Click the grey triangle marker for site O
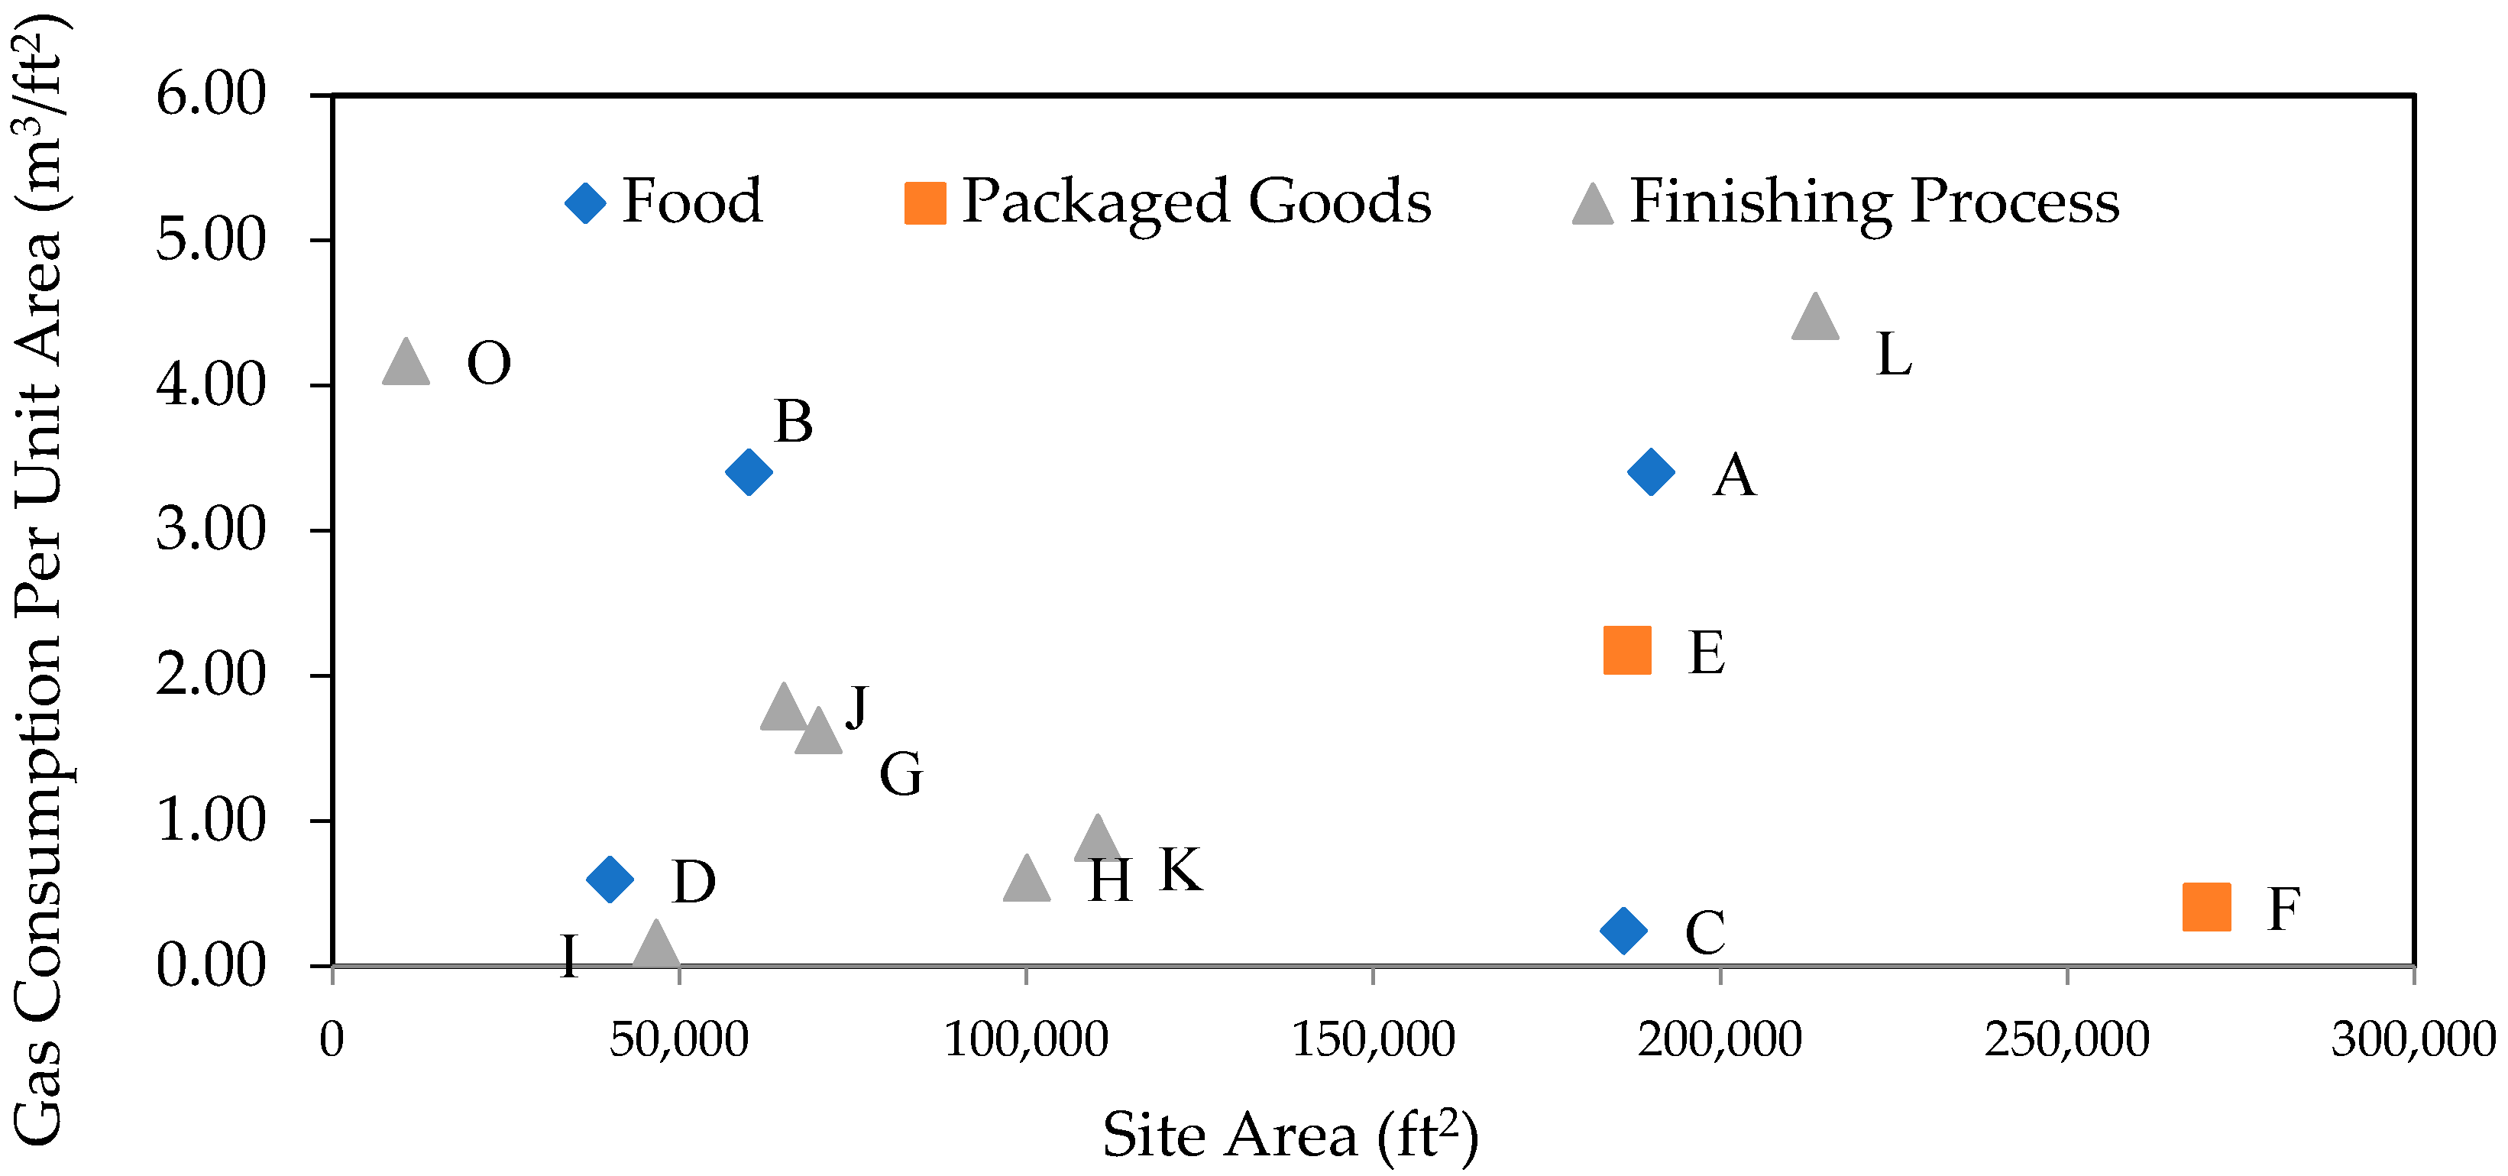point(406,364)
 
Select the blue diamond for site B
point(749,472)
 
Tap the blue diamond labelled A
point(1651,472)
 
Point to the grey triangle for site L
point(1815,319)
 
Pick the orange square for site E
point(1627,650)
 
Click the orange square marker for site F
point(2207,907)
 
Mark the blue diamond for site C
point(1623,930)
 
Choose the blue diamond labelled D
point(610,879)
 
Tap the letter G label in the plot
point(901,775)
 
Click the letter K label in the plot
point(1180,870)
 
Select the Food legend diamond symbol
point(585,202)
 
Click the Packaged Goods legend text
point(1196,202)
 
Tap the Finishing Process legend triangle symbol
point(1593,205)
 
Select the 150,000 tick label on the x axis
point(1373,1040)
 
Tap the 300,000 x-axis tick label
point(2413,1040)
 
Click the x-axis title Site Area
point(1290,1134)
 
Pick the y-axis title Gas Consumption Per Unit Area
point(39,584)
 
